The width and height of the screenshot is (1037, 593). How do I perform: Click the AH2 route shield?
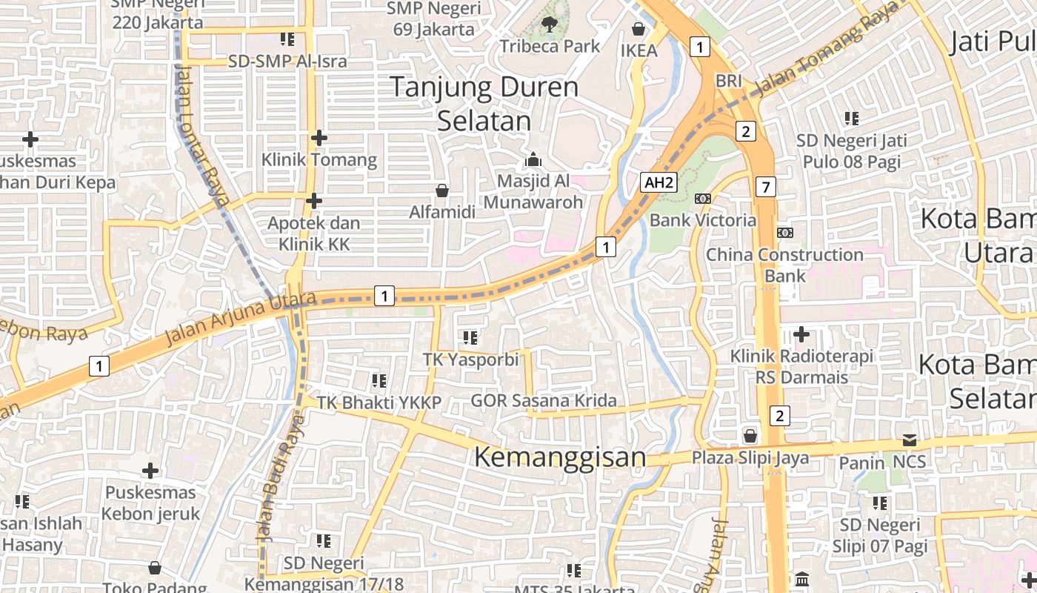tap(658, 182)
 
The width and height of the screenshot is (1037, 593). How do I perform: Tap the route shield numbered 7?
tap(766, 187)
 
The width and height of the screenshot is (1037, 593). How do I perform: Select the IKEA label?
tap(638, 50)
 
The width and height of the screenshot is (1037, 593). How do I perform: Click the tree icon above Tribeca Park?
tap(550, 24)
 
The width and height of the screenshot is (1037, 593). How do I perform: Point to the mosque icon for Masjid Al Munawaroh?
tap(533, 159)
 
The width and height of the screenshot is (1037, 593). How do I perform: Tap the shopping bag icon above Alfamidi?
tap(442, 191)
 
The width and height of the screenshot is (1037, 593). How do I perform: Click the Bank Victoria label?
tap(703, 220)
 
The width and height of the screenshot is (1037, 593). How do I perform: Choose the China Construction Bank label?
tap(784, 265)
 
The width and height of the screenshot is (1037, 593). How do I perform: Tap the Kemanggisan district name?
tap(560, 457)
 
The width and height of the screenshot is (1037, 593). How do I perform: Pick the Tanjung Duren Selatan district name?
tap(484, 104)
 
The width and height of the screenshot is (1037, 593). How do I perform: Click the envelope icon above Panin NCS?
tap(910, 440)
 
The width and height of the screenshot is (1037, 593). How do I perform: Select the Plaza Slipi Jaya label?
tap(750, 457)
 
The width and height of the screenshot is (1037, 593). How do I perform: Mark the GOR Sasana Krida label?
tap(544, 401)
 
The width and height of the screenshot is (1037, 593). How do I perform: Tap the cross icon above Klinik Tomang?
tap(319, 138)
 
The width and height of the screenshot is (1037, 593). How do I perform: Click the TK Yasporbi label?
tap(470, 359)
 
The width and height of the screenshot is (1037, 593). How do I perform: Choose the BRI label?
tap(729, 79)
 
